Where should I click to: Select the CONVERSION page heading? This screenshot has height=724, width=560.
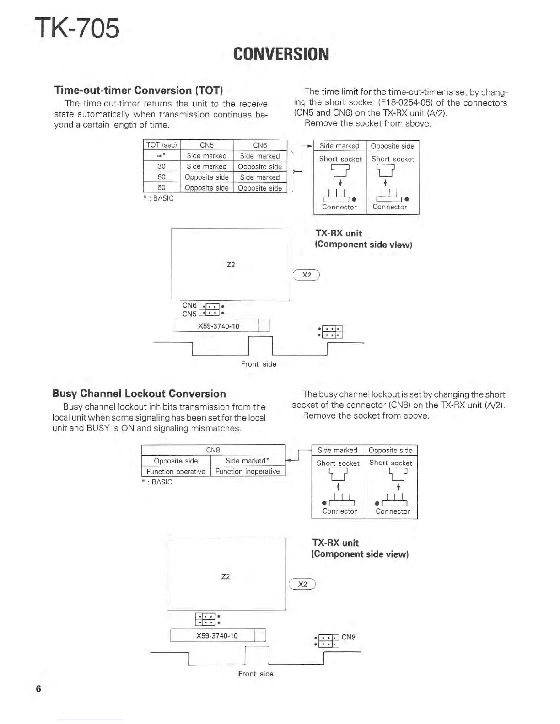tap(281, 54)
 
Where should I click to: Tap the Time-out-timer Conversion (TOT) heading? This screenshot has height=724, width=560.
tap(139, 90)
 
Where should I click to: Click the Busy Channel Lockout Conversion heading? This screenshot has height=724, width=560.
tap(139, 394)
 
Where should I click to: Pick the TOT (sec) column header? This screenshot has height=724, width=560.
tap(162, 145)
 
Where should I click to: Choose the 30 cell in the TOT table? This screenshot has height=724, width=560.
tap(162, 166)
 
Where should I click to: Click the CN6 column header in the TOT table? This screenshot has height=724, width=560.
tap(260, 145)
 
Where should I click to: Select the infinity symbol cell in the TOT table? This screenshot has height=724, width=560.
tap(162, 156)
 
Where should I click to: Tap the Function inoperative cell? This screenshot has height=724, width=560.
tap(248, 471)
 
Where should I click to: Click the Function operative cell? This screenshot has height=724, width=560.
tap(176, 471)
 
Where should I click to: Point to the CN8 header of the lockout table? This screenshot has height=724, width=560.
tap(213, 450)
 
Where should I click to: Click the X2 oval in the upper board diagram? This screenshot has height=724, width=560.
tap(307, 275)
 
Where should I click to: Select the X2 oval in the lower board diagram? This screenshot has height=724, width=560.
tap(302, 584)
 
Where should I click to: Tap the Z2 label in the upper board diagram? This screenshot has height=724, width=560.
tap(231, 265)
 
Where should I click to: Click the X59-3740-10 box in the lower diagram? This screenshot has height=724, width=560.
tap(217, 635)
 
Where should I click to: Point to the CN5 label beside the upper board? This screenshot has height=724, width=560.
tap(189, 314)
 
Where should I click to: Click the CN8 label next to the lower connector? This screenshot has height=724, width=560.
tap(349, 637)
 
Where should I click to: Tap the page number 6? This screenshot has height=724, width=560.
tap(38, 688)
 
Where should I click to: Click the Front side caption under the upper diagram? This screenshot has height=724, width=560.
tap(258, 364)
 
